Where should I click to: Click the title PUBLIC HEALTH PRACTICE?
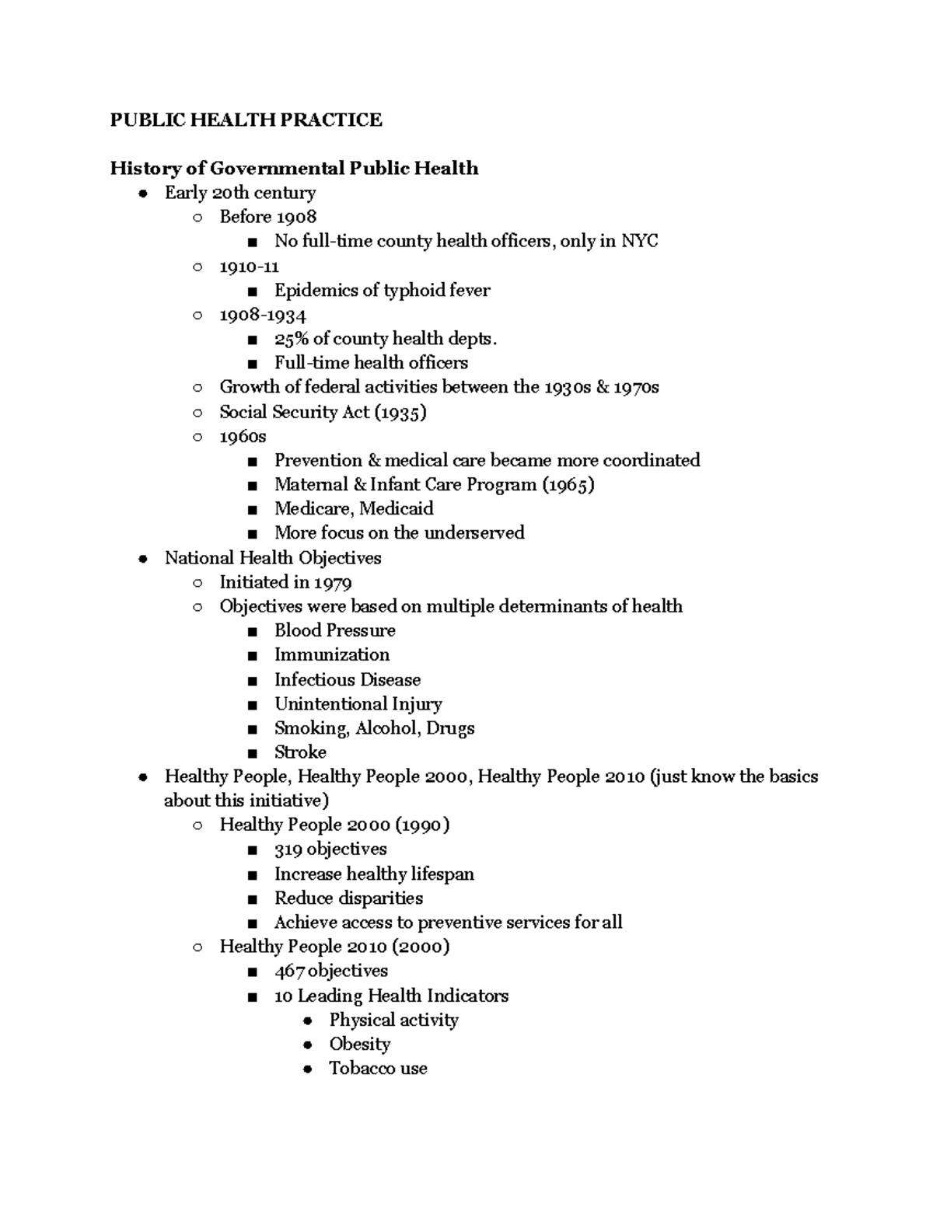[246, 120]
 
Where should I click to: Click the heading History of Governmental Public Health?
[294, 169]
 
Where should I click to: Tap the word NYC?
[639, 242]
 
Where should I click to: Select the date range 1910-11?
[249, 267]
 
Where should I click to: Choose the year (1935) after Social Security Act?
[400, 412]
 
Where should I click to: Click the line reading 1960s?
[243, 437]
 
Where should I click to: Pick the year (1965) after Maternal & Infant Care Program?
[568, 485]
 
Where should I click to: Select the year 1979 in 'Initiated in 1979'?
[333, 582]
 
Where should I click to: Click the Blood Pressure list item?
[334, 630]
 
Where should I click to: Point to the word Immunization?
[332, 655]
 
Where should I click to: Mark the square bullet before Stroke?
[252, 753]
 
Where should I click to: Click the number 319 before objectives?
[288, 849]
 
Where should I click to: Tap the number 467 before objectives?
[290, 972]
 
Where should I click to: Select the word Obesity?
[359, 1045]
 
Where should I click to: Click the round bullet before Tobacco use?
[308, 1069]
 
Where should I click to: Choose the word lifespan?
[442, 874]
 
